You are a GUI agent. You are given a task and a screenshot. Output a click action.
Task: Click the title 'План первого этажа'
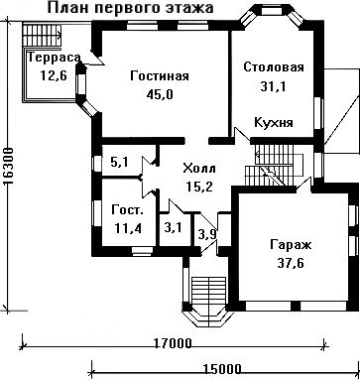point(130,8)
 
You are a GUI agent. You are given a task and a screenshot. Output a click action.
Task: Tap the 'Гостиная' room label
point(160,76)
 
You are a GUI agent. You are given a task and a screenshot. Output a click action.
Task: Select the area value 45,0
point(160,94)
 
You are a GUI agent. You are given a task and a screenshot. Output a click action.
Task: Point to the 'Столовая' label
point(274,67)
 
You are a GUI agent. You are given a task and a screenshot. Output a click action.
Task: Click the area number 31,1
point(273,86)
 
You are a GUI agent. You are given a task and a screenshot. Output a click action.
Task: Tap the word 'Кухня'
point(274,123)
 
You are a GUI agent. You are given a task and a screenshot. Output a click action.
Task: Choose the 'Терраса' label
point(55,58)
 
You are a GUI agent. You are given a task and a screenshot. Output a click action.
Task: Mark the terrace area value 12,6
point(54,75)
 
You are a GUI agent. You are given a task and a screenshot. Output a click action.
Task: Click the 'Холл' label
point(199,169)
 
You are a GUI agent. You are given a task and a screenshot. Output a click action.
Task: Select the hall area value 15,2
point(199,188)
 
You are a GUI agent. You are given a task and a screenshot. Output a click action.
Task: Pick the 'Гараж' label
point(291,245)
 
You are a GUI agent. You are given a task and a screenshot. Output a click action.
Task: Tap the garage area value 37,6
point(291,264)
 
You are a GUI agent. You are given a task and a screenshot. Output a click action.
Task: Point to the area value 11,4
point(128,228)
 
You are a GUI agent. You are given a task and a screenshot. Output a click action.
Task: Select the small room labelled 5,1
point(119,162)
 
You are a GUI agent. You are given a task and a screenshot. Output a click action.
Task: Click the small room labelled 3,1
point(174,228)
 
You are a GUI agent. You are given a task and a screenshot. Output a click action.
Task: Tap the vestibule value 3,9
point(207,234)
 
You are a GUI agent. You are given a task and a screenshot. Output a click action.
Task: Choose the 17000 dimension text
point(173,343)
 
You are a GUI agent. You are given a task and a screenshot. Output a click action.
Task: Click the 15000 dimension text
point(222,368)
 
